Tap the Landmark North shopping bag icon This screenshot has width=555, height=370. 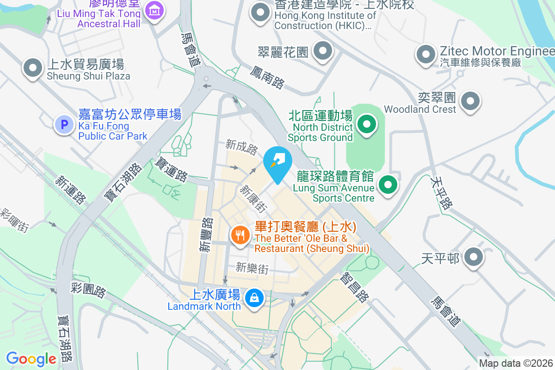pos(254,297)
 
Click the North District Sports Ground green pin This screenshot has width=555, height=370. pos(367,124)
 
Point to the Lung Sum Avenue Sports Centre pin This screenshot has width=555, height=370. pos(388,185)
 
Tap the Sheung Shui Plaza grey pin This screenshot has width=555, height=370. pos(33,68)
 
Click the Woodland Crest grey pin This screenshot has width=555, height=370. pos(470,101)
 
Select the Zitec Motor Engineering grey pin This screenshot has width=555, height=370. pos(425,55)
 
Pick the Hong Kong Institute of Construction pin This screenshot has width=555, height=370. pos(260,12)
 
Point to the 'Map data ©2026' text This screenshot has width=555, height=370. pos(516,364)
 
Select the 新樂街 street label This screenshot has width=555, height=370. pos(252,268)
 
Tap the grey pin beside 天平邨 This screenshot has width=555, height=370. pos(473,258)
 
